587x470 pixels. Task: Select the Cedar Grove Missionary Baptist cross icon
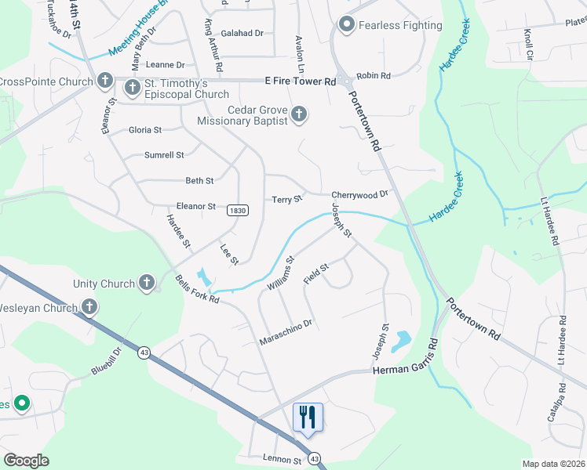pos(298,115)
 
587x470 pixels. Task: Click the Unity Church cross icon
pos(147,283)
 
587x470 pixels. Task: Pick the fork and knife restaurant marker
pos(307,417)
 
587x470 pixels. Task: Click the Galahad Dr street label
pos(242,33)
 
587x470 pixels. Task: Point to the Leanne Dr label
pos(165,65)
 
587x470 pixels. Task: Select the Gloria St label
pos(145,130)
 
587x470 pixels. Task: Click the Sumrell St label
pos(164,155)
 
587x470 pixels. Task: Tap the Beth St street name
pos(199,181)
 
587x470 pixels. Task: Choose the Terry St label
pos(286,200)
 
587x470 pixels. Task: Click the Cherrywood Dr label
pos(360,194)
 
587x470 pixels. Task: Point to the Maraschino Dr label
pos(286,332)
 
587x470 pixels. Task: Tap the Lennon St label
pos(282,461)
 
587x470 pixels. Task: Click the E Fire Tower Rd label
pos(301,81)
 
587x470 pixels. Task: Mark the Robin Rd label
pos(374,76)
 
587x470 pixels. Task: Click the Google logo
pos(26,461)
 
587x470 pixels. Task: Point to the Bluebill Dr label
pos(107,362)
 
